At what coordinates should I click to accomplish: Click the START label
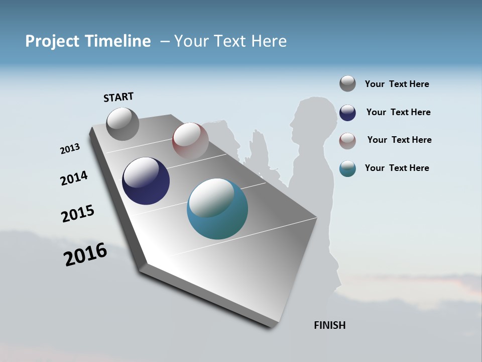118,97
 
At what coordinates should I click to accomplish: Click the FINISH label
329,325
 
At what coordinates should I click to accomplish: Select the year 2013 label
70,149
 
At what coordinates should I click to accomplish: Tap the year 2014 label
74,178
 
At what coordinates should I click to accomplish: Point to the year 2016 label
85,254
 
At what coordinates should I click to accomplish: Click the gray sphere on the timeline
123,124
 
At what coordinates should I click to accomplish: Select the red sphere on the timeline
190,140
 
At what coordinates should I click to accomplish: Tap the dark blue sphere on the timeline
146,181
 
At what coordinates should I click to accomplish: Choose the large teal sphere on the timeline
217,209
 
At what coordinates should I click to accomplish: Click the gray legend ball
347,83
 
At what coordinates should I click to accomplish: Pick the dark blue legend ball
347,113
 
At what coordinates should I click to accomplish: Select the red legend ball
347,141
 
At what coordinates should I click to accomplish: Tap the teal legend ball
347,168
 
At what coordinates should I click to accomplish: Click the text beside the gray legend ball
397,84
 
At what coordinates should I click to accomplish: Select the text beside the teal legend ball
397,168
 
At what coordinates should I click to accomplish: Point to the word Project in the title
52,41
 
